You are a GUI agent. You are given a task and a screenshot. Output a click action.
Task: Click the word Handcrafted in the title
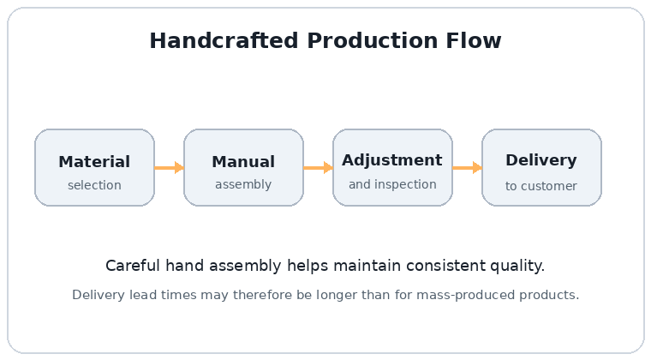(x=224, y=40)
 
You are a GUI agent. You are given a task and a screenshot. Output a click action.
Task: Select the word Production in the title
(x=373, y=40)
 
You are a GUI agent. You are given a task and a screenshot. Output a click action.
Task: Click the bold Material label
(x=94, y=161)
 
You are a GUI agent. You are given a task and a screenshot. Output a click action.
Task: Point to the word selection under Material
(x=95, y=185)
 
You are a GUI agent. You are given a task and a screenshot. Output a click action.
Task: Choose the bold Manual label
(x=243, y=161)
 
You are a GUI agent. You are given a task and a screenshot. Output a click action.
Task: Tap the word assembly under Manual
(x=243, y=184)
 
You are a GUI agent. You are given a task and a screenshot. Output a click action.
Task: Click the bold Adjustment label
(x=392, y=160)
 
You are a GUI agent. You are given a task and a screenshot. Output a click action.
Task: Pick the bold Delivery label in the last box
(x=541, y=160)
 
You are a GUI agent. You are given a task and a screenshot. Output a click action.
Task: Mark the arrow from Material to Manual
(x=170, y=168)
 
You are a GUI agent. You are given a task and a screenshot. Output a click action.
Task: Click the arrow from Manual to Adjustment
(x=319, y=168)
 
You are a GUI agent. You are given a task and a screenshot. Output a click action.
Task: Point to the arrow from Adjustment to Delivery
(x=468, y=168)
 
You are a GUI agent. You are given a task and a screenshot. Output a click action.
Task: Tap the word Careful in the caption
(x=133, y=266)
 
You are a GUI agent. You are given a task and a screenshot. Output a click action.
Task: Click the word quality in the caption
(x=517, y=267)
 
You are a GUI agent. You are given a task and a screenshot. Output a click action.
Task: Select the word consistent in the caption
(x=446, y=266)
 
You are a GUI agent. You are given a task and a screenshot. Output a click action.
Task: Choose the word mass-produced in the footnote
(x=465, y=295)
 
